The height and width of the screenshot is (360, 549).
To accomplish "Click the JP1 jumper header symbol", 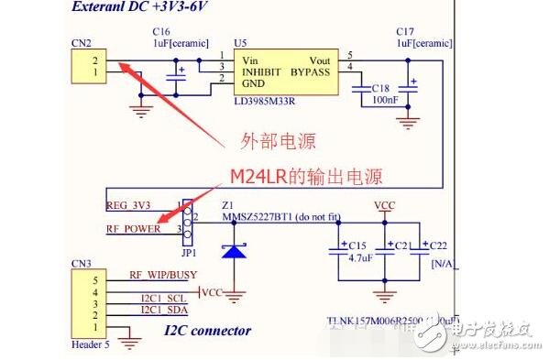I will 184,218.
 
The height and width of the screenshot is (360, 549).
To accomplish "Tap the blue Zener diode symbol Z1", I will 236,250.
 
